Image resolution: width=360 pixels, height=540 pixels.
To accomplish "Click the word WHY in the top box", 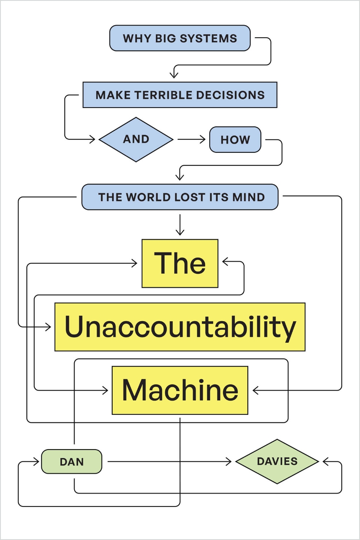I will [134, 39].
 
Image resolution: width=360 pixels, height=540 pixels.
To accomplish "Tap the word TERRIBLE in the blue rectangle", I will [159, 95].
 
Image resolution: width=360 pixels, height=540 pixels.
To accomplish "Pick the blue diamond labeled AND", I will [136, 139].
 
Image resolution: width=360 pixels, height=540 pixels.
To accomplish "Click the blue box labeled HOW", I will [235, 140].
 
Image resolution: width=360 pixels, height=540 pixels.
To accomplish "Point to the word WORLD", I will [149, 197].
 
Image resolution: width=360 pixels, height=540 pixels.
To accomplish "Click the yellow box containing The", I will [180, 263].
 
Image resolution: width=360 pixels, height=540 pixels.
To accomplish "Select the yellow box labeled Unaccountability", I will [180, 327].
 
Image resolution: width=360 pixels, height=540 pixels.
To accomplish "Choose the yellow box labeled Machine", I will [180, 390].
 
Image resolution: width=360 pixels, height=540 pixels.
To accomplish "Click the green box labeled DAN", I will [72, 462].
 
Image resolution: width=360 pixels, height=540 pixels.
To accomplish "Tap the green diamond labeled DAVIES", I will [277, 461].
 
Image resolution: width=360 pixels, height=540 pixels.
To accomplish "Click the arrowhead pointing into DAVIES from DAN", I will [229, 462].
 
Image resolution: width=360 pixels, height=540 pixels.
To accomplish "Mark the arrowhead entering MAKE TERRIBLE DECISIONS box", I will [174, 75].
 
